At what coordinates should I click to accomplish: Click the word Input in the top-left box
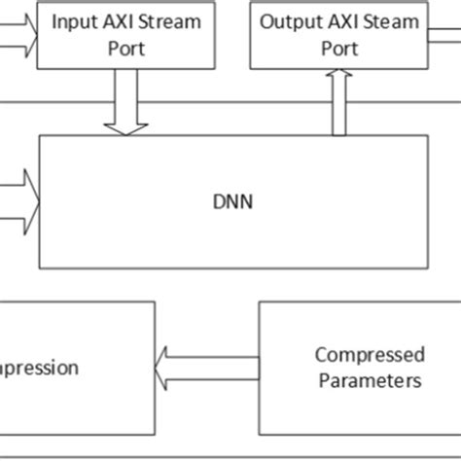click(72, 21)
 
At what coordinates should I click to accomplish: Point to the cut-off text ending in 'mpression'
click(39, 368)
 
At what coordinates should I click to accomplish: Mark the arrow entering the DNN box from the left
click(19, 201)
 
